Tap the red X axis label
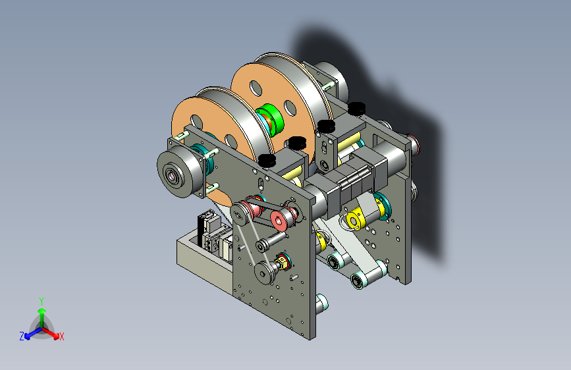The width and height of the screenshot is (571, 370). coord(61,336)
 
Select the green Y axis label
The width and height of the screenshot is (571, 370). coord(41,301)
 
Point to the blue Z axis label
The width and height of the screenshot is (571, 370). coord(22,336)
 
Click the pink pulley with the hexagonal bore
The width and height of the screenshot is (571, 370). coord(280,220)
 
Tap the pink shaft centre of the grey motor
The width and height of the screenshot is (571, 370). coord(171,176)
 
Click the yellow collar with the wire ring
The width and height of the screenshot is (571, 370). coord(354,220)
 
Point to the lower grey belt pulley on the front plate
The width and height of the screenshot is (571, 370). coord(264,273)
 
